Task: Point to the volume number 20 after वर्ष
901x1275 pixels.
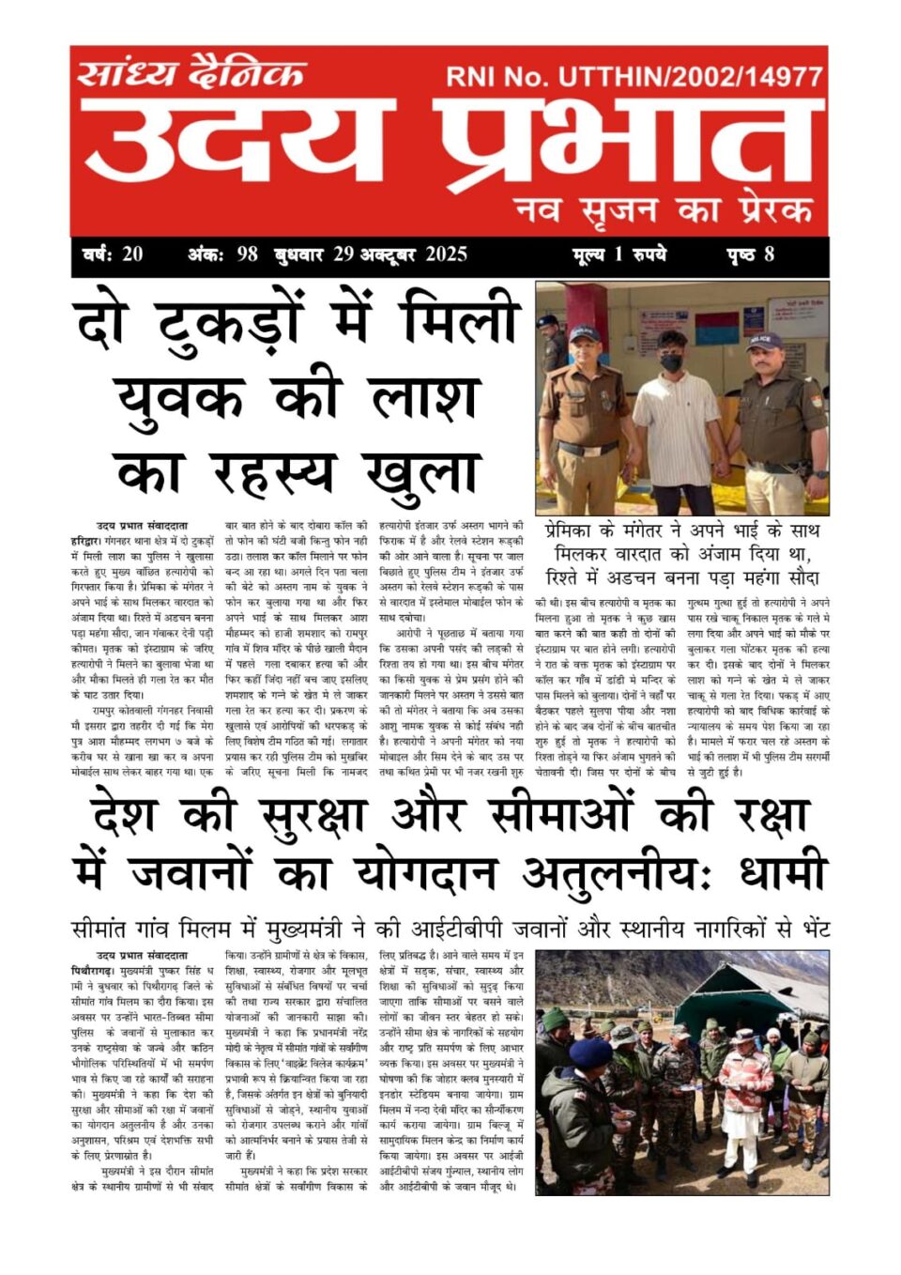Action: click(x=131, y=253)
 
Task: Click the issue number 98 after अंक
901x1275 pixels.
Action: click(x=247, y=253)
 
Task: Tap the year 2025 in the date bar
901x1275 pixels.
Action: click(x=446, y=253)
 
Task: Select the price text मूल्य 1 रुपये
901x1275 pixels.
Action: click(x=619, y=253)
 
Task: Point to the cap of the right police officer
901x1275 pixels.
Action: click(x=765, y=340)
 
